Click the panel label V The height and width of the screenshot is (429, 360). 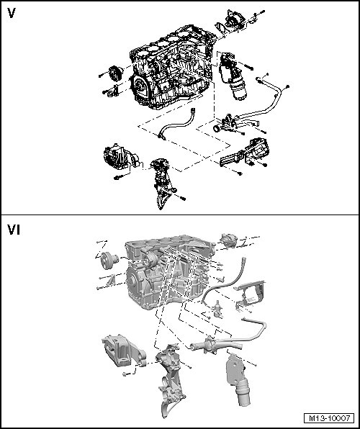coord(12,13)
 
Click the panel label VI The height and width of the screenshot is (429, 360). coord(14,230)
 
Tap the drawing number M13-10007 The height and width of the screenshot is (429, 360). coord(329,418)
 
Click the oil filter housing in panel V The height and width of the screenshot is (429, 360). coord(232,76)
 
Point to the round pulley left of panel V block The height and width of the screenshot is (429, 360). coord(116,73)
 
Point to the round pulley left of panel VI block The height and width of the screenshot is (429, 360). coord(109,261)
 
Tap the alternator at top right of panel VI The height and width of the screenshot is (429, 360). coord(228,240)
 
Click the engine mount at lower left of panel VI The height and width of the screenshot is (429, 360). coord(122,351)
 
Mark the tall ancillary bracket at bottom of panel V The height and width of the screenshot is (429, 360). coord(163,184)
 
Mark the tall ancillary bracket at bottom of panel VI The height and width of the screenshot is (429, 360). coord(171,380)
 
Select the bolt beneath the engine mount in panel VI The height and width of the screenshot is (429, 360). coord(126,374)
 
